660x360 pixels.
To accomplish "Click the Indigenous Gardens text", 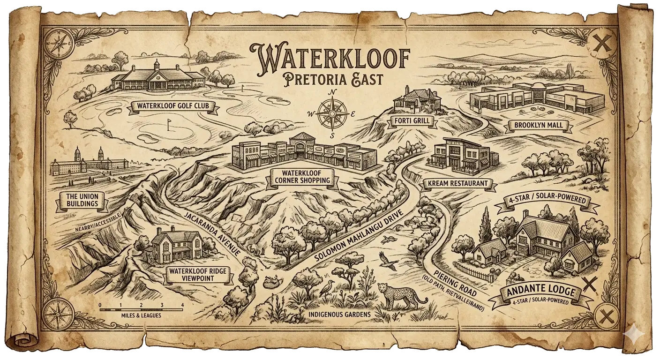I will (x=339, y=314).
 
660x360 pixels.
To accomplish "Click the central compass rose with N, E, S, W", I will (x=332, y=114).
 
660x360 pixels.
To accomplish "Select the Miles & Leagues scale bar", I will (x=141, y=308).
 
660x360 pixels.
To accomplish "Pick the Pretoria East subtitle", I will (x=330, y=78).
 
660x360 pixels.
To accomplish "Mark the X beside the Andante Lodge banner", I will (x=589, y=285).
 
